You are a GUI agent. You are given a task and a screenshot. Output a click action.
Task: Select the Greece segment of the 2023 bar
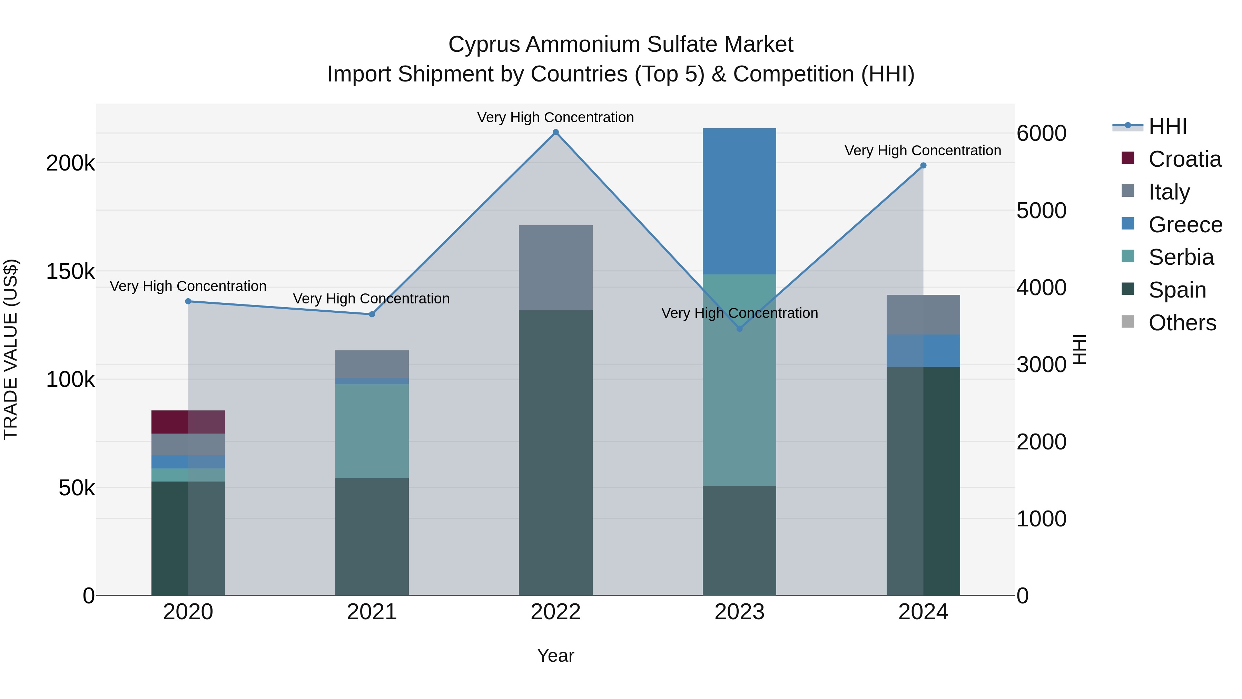(x=739, y=201)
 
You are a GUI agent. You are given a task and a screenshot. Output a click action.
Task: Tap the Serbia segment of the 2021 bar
(x=372, y=431)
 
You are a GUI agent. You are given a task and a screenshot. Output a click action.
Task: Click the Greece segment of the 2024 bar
(x=923, y=350)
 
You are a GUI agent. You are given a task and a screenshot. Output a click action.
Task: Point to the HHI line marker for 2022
(x=555, y=132)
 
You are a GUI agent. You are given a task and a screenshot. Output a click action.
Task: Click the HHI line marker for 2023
(x=740, y=329)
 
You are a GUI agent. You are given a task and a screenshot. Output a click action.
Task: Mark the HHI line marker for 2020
(x=188, y=301)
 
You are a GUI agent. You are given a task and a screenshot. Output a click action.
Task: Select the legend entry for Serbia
(x=1181, y=257)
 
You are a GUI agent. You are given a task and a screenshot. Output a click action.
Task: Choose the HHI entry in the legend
(x=1167, y=126)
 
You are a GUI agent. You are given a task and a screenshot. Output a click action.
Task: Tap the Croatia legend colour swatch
(x=1128, y=158)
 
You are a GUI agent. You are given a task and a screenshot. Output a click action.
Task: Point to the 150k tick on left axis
(x=70, y=272)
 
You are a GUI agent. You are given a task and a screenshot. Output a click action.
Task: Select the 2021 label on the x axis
(x=372, y=612)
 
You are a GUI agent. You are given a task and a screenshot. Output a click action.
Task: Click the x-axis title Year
(x=555, y=656)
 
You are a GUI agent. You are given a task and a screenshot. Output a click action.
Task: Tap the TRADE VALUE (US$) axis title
(x=11, y=349)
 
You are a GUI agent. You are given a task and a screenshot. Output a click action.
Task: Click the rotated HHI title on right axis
(x=1080, y=349)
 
